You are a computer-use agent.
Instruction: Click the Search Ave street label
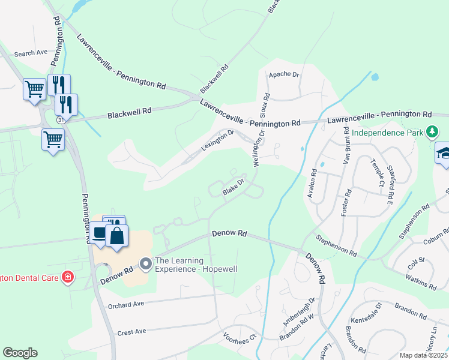[31, 53]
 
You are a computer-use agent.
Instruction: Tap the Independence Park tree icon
[432, 131]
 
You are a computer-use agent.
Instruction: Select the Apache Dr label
[283, 74]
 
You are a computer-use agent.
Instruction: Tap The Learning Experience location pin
[145, 263]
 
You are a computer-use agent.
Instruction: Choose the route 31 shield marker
[61, 120]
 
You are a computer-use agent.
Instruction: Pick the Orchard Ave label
[127, 305]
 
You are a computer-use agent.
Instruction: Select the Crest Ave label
[132, 332]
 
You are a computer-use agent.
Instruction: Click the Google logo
[20, 353]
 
